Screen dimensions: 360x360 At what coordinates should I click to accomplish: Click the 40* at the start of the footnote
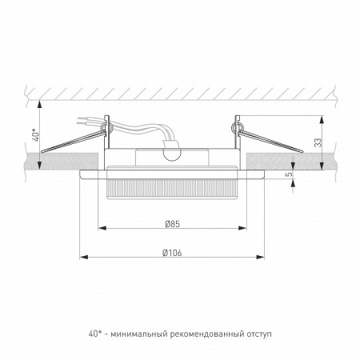[x=94, y=332]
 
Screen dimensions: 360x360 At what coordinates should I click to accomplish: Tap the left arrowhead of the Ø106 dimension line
[x=83, y=258]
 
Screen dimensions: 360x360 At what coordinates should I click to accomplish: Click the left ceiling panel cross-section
[x=48, y=160]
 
